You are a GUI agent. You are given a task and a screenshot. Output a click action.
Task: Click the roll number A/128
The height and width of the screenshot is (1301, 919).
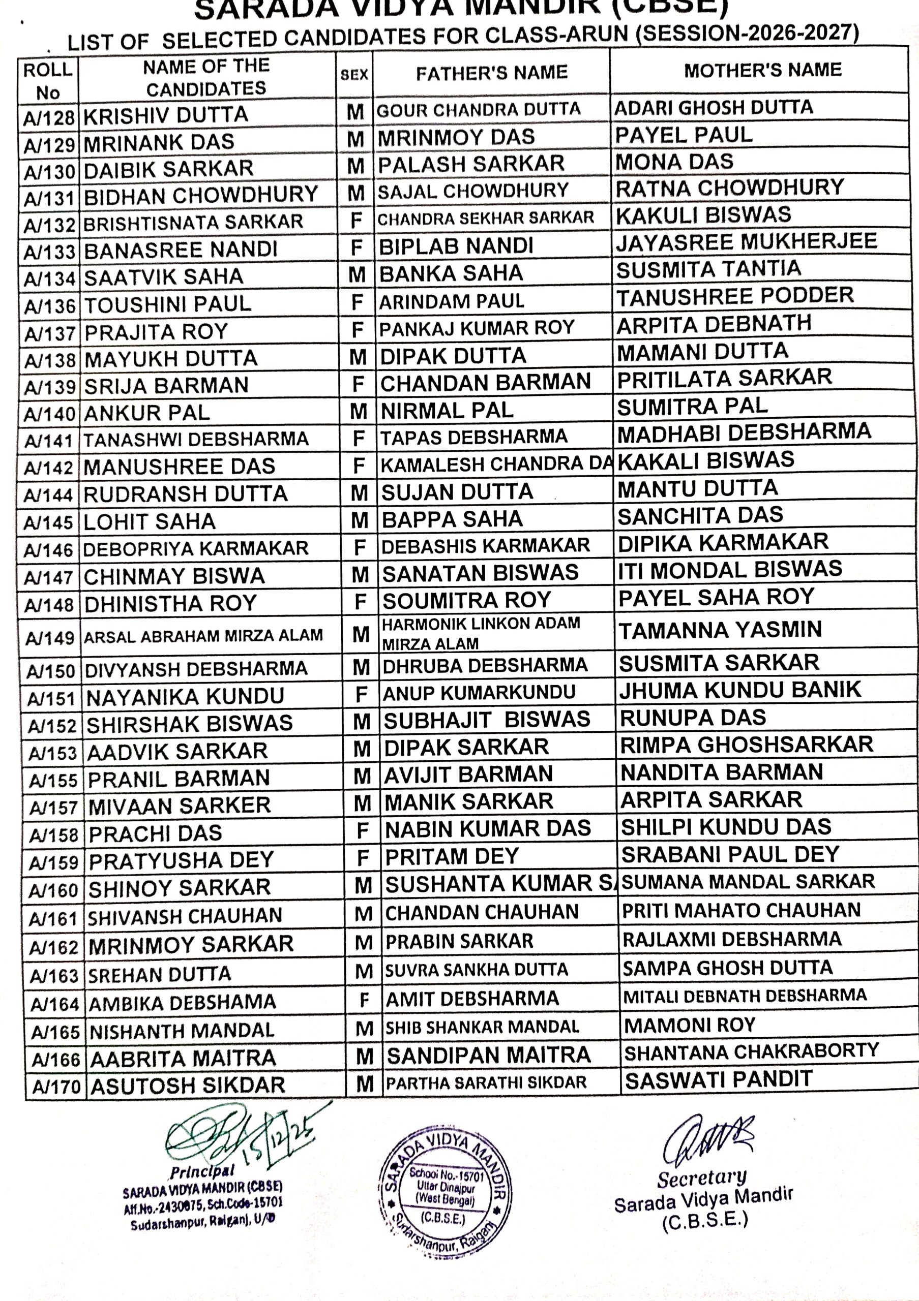point(49,118)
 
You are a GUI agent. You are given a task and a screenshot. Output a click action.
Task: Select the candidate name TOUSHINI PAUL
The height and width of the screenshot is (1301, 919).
point(168,304)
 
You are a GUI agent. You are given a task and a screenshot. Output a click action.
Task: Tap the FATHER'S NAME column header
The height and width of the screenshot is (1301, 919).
point(491,73)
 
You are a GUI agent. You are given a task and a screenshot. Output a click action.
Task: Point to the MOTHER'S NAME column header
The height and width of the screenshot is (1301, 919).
point(762,70)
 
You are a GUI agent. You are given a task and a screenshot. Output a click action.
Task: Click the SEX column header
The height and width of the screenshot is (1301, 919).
point(354,74)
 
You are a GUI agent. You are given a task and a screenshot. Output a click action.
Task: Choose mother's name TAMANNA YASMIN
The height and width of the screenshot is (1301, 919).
point(720,630)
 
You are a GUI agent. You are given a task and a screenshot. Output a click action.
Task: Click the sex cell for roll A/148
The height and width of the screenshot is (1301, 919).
point(361,602)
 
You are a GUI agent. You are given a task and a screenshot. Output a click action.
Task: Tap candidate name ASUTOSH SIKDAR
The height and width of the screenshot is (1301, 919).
point(188,1086)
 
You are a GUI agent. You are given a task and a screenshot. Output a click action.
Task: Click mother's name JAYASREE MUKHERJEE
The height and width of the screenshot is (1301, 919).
point(747,242)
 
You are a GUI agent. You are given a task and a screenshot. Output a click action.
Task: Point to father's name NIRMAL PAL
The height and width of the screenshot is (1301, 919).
point(447,410)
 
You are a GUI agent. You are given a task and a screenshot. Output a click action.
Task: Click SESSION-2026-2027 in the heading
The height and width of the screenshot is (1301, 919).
point(747,33)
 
